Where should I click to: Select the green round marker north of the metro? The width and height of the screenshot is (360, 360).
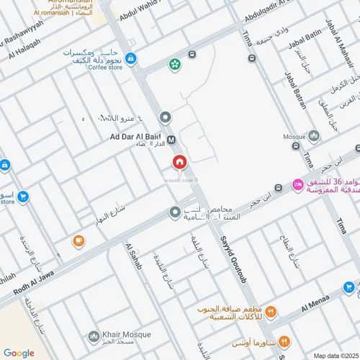click(x=175, y=65)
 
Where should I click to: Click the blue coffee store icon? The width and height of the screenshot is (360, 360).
click(x=130, y=58)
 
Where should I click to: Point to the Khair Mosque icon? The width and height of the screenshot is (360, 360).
click(x=94, y=336)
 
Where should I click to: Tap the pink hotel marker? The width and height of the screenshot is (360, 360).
click(x=296, y=185)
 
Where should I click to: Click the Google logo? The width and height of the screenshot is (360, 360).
click(x=19, y=353)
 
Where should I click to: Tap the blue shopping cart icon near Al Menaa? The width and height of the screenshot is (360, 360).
click(x=348, y=287)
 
